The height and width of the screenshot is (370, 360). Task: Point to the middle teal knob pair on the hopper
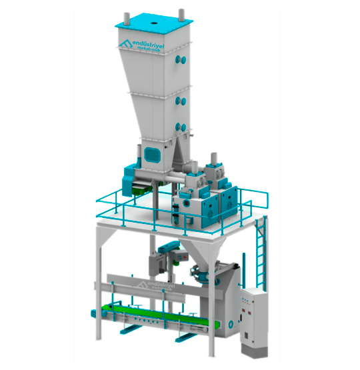pos(180,102)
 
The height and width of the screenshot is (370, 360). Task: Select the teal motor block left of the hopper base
pos(129,175)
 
